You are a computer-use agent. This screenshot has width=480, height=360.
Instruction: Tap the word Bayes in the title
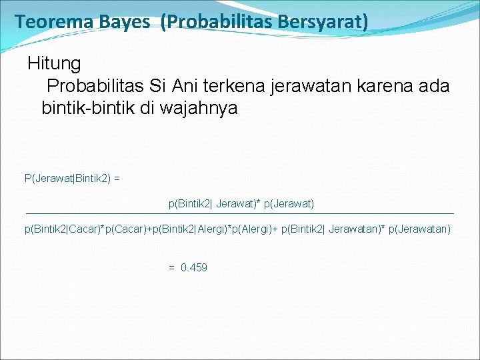(126, 22)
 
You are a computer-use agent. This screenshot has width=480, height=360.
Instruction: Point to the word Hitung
(54, 64)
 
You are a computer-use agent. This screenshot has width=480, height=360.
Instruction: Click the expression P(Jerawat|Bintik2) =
(72, 178)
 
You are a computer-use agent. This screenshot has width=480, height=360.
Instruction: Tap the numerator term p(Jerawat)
(289, 203)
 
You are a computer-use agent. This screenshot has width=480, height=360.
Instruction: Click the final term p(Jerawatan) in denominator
(419, 229)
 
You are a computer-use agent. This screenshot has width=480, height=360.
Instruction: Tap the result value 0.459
(194, 267)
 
